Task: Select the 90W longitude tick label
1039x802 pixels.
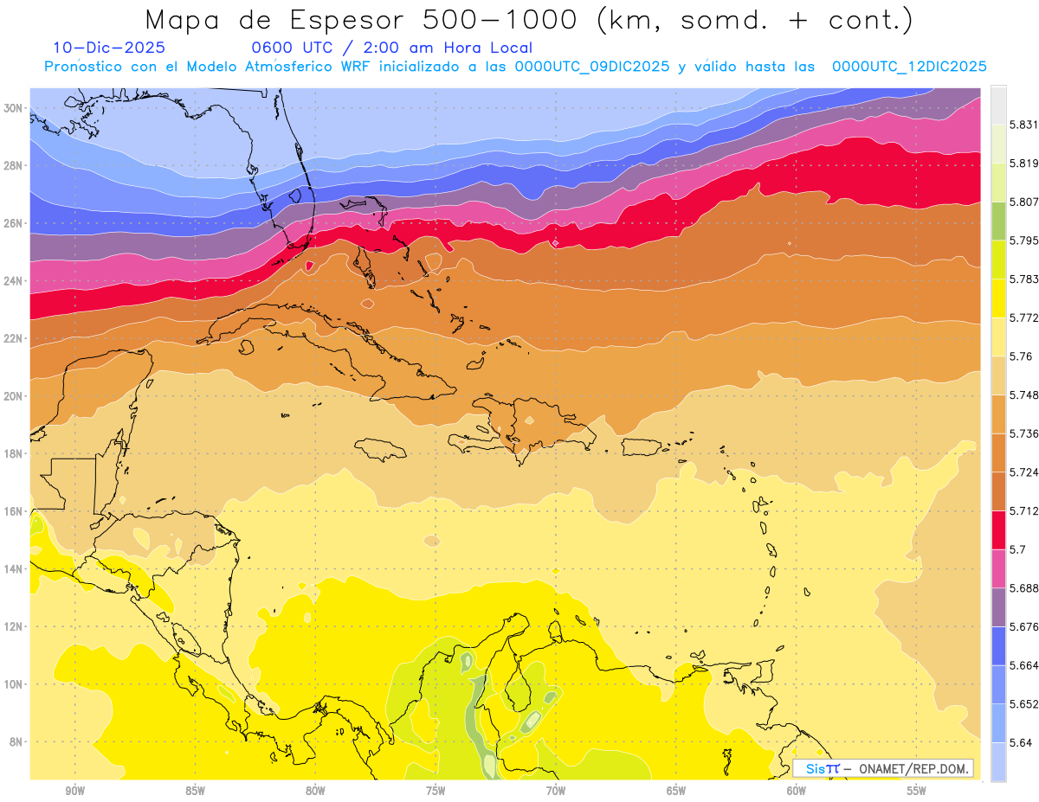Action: tap(75, 790)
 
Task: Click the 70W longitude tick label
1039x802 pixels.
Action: tap(556, 790)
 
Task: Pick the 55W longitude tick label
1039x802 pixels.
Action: tap(917, 790)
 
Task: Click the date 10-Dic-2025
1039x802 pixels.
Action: tap(108, 48)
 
